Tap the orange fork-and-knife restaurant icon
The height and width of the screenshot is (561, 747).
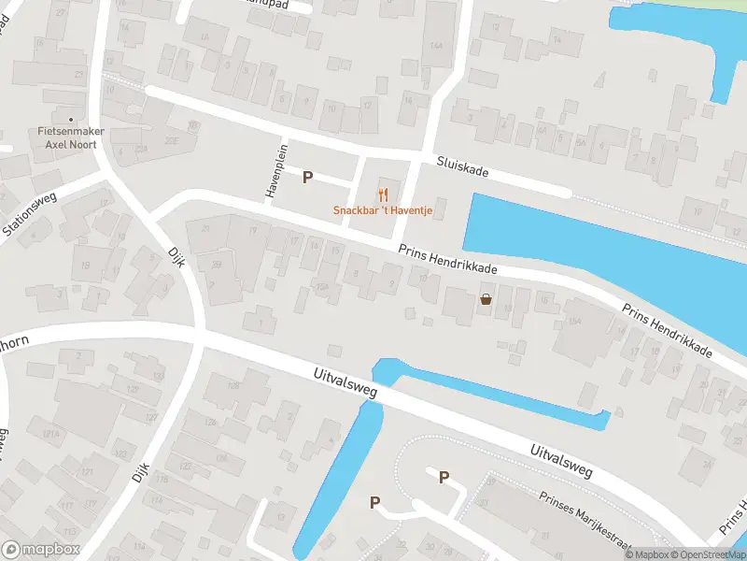(383, 194)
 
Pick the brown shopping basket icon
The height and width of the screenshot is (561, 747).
(486, 299)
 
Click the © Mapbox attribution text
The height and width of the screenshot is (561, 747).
(647, 554)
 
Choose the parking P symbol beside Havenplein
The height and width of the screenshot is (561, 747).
(307, 176)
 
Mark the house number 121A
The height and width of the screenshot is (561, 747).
(49, 433)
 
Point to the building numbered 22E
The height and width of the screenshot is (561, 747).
(172, 140)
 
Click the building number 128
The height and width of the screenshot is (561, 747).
(233, 384)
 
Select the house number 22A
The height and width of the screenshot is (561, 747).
(143, 150)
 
